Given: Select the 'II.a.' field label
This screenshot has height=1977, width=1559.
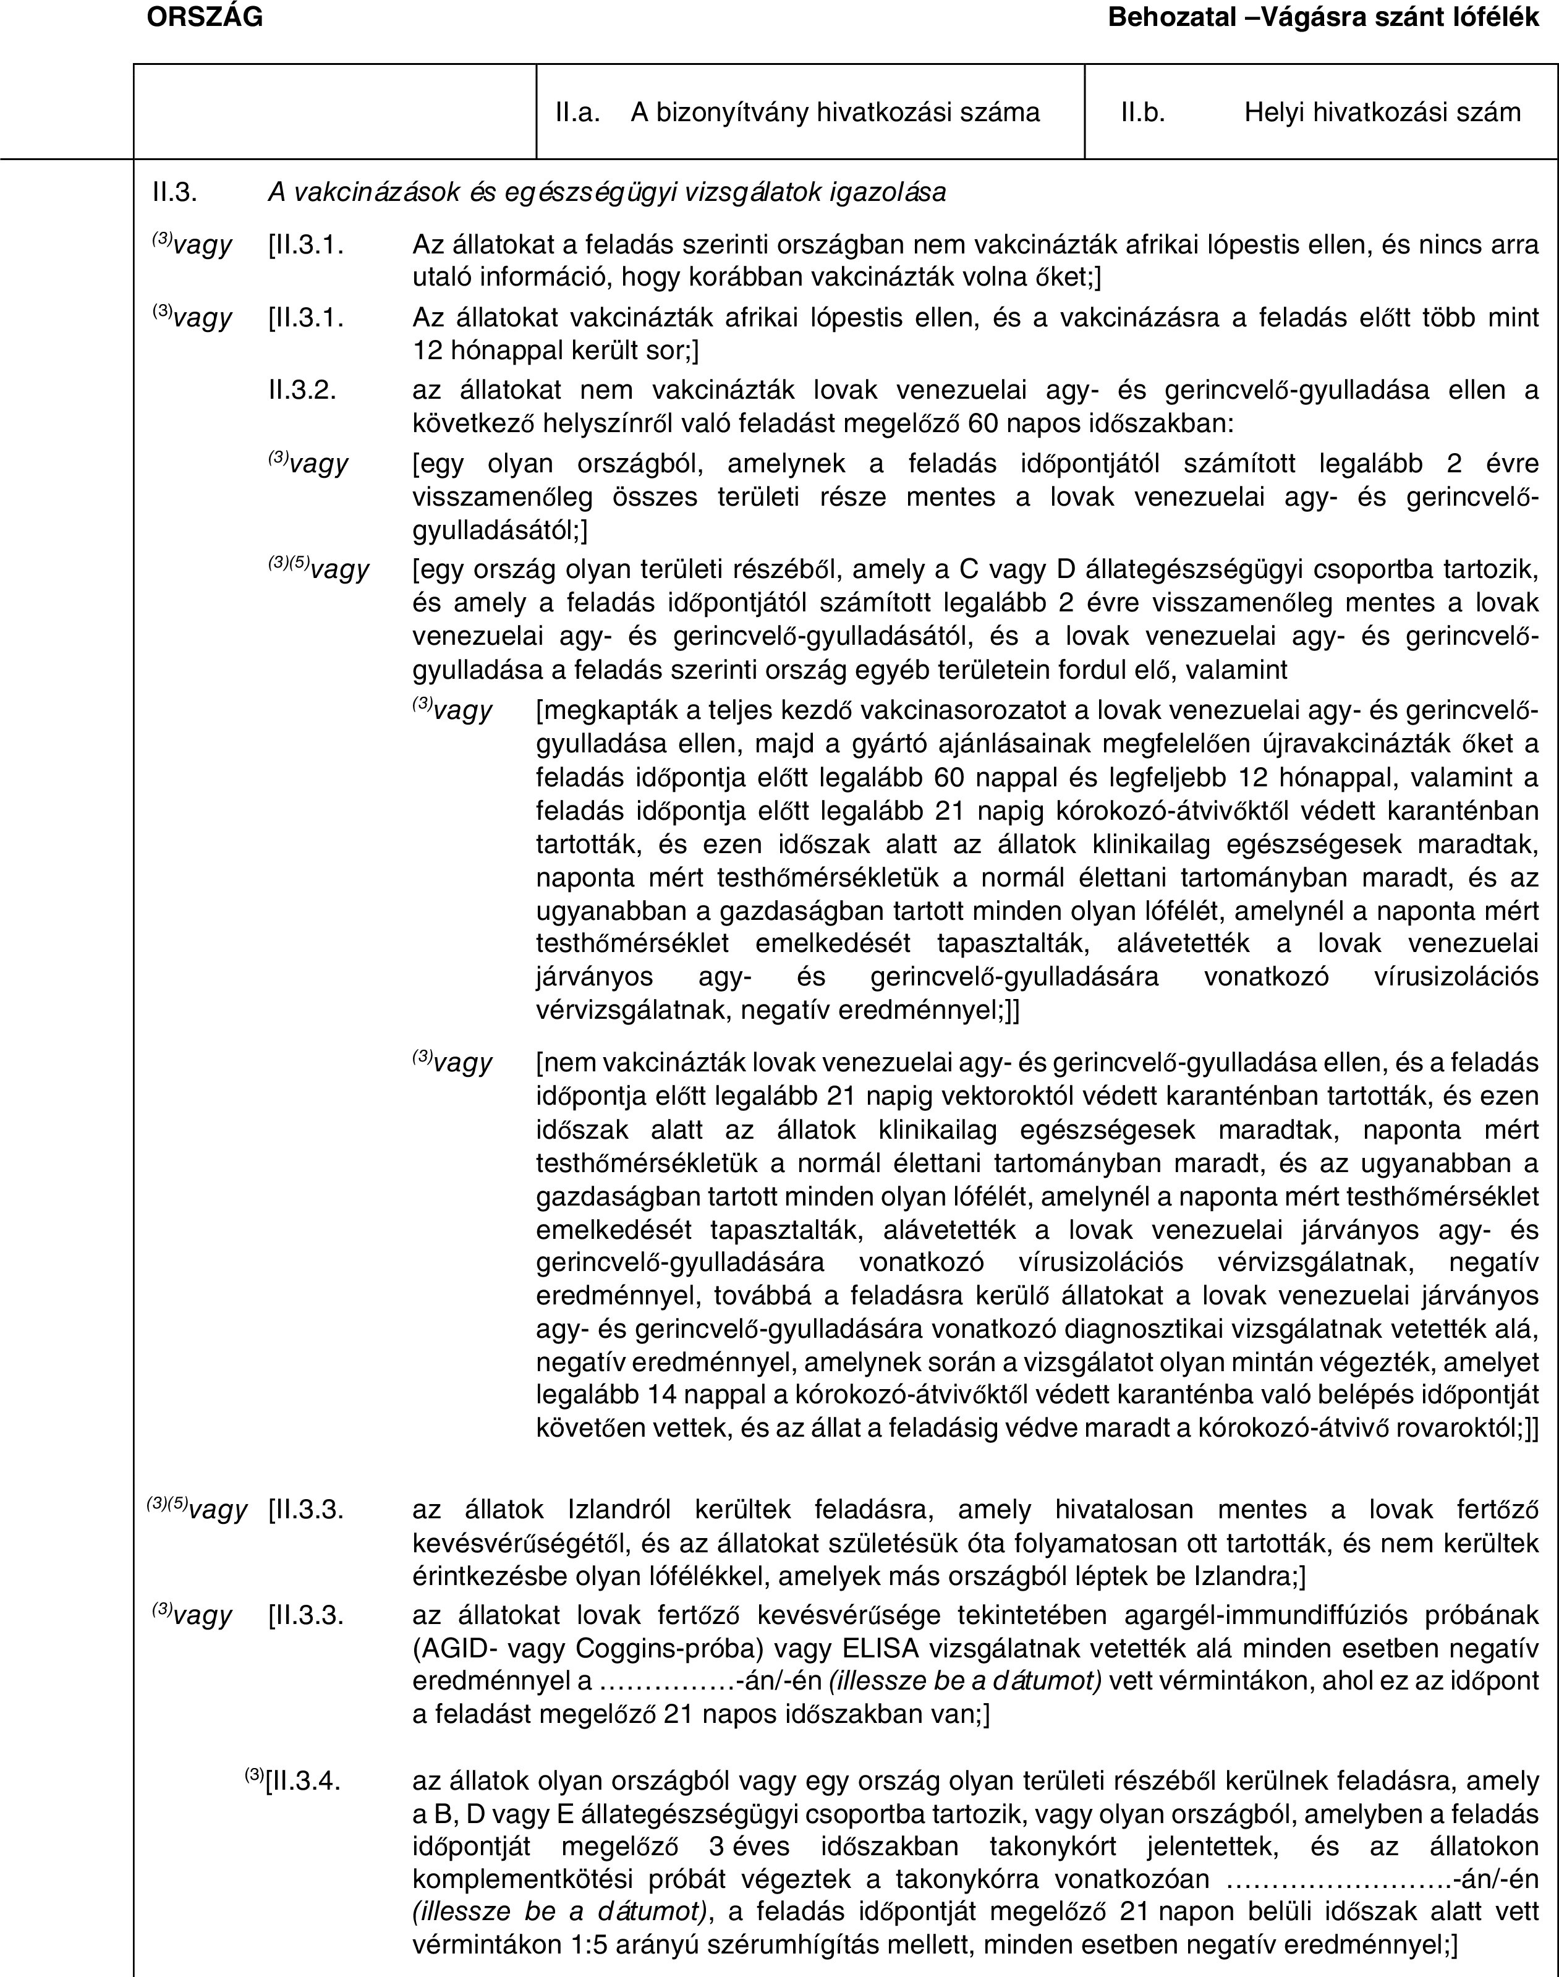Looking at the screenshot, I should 577,113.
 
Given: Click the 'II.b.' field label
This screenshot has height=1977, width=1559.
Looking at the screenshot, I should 1143,113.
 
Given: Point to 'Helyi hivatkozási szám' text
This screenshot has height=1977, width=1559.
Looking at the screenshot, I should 1382,113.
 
